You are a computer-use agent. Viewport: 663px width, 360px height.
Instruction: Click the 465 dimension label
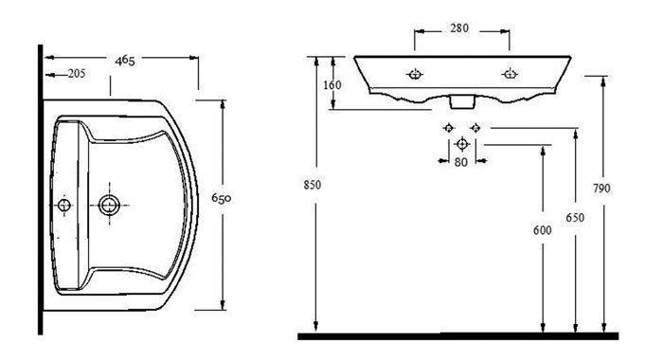125,61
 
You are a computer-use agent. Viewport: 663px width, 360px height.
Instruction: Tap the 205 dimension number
77,74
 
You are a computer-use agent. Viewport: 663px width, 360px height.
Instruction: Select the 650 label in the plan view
221,198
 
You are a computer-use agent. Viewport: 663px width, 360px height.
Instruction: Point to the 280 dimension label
459,28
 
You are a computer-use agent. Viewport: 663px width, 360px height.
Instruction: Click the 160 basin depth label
331,85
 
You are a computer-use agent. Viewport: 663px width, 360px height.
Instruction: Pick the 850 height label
313,185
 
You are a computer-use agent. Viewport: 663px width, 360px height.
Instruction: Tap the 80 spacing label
461,162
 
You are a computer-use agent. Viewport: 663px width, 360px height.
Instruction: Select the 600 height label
543,230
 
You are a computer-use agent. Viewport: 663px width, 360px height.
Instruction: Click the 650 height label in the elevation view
575,218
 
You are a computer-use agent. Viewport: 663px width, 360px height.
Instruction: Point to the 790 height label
601,189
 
